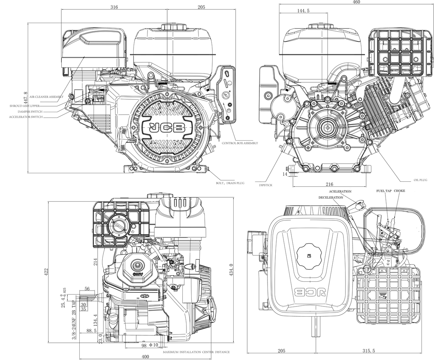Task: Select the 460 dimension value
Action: (356, 2)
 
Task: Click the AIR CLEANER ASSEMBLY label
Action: (46, 97)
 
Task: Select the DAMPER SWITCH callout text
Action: (30, 111)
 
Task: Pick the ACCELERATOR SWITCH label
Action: (26, 117)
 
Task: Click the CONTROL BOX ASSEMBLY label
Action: (240, 143)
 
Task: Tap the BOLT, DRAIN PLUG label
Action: (230, 183)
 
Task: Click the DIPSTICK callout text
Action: (265, 185)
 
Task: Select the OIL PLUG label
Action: (420, 180)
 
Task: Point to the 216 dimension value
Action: (329, 184)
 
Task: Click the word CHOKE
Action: (399, 191)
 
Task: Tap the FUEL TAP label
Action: (384, 191)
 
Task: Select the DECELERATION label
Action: (331, 197)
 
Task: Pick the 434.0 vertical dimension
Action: (231, 270)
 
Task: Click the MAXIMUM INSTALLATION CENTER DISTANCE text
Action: (196, 352)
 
